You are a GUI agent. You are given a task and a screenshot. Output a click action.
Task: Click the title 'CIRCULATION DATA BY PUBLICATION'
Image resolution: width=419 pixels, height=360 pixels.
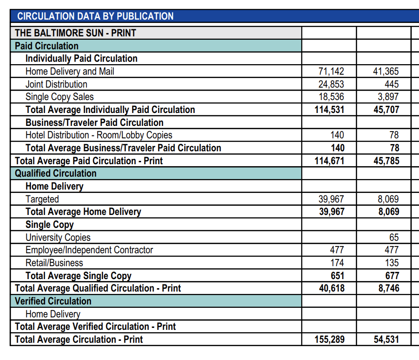point(95,16)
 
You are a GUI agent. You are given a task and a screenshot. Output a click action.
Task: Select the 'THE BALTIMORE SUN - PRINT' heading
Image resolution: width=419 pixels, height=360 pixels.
point(76,33)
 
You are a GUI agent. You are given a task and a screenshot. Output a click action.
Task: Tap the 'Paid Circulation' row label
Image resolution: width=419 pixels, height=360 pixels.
point(46,46)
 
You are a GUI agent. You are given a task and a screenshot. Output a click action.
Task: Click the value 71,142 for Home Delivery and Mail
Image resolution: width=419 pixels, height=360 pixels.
point(331,71)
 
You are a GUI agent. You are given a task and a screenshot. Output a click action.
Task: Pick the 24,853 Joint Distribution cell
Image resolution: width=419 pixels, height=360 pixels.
point(331,84)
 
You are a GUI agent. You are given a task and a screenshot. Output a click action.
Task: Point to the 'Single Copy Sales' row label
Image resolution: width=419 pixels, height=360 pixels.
point(60,97)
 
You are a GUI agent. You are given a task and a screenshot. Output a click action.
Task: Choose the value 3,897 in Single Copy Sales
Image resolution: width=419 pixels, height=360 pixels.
point(388,97)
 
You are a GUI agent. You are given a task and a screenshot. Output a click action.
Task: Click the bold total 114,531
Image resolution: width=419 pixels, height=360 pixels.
point(329,110)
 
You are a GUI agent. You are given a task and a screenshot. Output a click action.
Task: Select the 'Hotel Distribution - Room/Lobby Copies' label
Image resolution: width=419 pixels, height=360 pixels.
point(99,135)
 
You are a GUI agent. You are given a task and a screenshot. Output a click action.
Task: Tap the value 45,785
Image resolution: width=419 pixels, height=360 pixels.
point(386,161)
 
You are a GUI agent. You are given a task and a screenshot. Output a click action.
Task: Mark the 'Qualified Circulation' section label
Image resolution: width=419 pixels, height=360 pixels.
point(55,173)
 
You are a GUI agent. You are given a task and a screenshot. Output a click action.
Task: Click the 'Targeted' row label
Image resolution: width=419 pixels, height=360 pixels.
point(42,199)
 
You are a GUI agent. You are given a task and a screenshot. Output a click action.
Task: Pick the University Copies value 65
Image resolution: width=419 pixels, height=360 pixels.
point(394,237)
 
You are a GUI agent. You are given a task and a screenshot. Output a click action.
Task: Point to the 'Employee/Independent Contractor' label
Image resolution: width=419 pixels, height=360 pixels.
point(89,250)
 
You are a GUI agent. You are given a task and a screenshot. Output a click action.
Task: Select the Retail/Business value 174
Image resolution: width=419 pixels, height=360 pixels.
point(337,263)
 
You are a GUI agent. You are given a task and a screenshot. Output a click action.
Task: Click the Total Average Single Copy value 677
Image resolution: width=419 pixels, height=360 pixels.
point(392,275)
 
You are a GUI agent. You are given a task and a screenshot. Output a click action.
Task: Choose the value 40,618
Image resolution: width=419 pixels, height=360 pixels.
point(331,288)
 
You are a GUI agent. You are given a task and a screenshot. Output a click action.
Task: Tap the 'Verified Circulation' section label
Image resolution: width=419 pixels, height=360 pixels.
point(53,301)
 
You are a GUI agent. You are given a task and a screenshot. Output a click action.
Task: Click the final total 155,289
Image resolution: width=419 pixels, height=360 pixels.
point(330,339)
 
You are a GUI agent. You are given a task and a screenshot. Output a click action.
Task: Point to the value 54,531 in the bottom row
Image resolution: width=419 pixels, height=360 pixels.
point(386,339)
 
